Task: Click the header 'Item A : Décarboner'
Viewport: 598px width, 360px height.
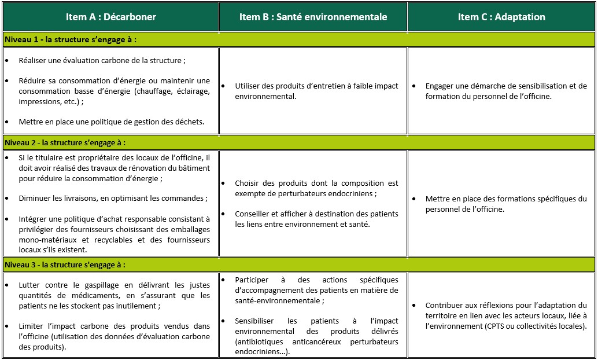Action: (x=111, y=17)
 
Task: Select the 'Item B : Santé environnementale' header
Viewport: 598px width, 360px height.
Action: (x=313, y=17)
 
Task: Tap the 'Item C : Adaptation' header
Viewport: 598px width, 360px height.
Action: (x=501, y=17)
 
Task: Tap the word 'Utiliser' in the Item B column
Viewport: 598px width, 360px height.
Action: (x=249, y=86)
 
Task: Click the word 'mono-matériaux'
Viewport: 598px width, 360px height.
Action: (x=46, y=240)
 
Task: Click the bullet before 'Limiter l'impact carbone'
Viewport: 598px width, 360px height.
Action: (x=6, y=326)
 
